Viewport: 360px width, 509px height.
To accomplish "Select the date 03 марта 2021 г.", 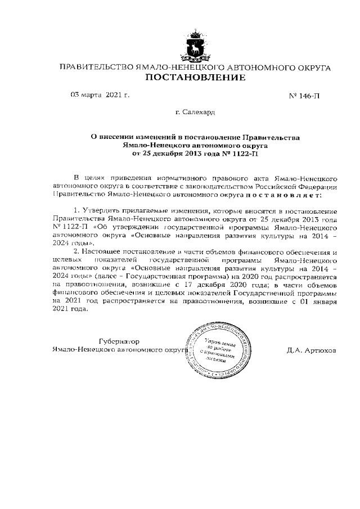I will click(100, 94).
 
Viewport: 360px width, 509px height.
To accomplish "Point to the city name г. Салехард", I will click(195, 113).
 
